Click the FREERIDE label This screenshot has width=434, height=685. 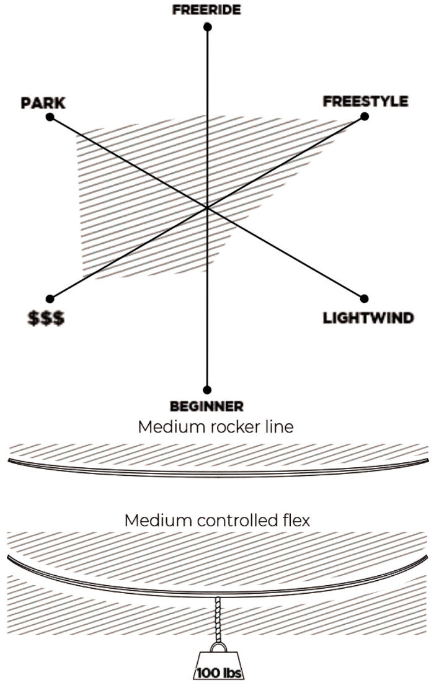pyautogui.click(x=206, y=10)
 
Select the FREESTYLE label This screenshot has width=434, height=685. pyautogui.click(x=365, y=101)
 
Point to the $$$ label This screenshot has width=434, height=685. pyautogui.click(x=47, y=319)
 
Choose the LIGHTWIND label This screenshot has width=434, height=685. pyautogui.click(x=368, y=318)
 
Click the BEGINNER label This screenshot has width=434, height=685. pyautogui.click(x=206, y=406)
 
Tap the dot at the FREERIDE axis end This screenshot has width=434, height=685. pyautogui.click(x=207, y=27)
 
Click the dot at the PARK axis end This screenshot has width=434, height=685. pyautogui.click(x=50, y=117)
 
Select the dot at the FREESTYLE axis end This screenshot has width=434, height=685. pyautogui.click(x=365, y=116)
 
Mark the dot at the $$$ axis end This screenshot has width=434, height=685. pyautogui.click(x=50, y=298)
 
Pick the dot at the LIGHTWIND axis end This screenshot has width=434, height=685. pyautogui.click(x=365, y=298)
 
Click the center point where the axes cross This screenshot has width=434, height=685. pyautogui.click(x=207, y=208)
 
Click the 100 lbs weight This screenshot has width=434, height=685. pyautogui.click(x=218, y=668)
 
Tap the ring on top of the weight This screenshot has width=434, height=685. pyautogui.click(x=218, y=647)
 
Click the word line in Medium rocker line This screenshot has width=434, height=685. pyautogui.click(x=278, y=428)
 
